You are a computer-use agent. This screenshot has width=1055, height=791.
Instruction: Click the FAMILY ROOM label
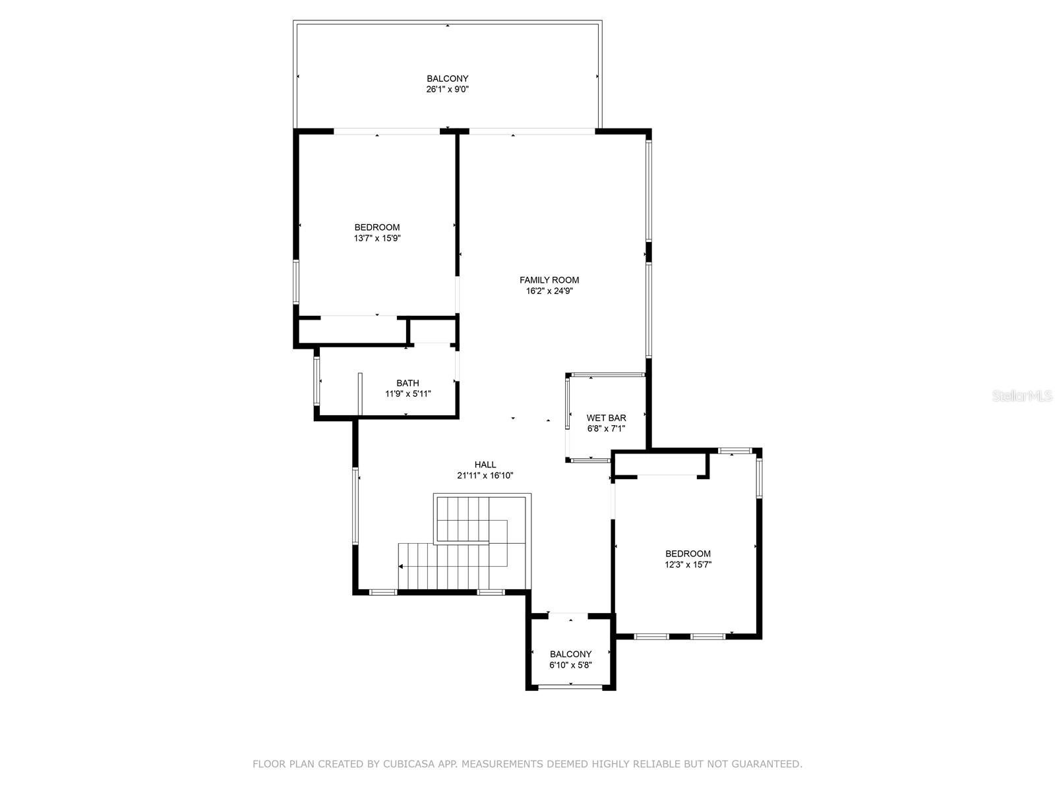click(549, 280)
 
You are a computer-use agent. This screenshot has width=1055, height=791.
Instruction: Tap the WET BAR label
click(606, 418)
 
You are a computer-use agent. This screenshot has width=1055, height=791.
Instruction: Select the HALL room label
click(485, 465)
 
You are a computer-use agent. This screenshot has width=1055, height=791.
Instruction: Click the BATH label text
click(407, 383)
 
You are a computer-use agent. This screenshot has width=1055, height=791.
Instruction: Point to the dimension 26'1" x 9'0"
click(447, 89)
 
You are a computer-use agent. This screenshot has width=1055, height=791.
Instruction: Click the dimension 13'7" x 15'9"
click(377, 238)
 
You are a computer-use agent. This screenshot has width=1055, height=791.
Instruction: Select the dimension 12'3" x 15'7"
click(688, 564)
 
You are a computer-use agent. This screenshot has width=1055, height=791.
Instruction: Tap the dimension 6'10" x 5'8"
click(570, 665)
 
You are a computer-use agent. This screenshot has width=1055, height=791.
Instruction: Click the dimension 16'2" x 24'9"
click(549, 291)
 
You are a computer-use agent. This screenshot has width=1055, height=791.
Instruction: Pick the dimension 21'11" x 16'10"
click(485, 475)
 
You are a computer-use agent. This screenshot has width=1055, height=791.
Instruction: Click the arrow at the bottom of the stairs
click(401, 566)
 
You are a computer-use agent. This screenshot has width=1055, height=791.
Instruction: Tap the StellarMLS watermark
click(1023, 396)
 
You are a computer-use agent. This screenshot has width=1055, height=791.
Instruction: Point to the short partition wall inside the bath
click(360, 394)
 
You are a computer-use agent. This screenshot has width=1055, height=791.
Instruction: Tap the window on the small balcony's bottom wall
click(570, 688)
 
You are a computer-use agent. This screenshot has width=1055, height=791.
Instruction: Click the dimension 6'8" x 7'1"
click(606, 428)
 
